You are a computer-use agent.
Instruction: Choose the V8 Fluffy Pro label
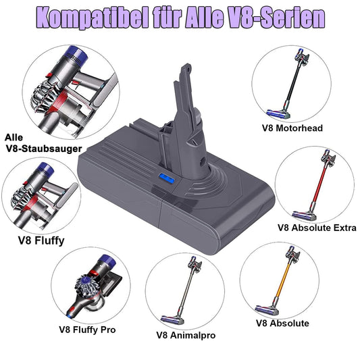[x=86, y=330]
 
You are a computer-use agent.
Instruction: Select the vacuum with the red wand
[x=314, y=186]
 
